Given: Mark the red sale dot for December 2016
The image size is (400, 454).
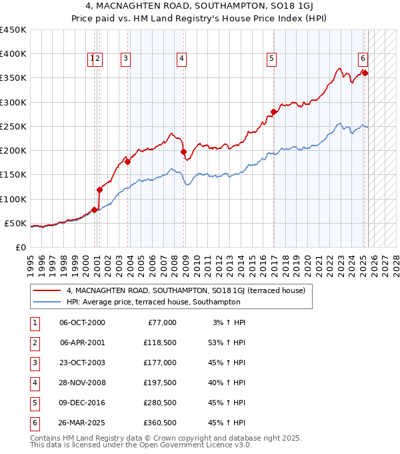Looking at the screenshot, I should point(273,111).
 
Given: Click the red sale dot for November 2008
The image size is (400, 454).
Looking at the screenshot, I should point(183,152).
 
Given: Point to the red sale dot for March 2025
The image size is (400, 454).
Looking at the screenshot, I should point(365,73).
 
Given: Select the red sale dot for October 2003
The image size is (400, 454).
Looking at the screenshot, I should point(127,162).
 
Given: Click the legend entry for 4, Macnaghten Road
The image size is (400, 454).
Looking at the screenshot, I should point(185,290).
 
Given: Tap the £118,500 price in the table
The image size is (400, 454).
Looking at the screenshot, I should point(160,343).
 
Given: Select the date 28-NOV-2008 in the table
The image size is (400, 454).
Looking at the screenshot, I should point(82,383).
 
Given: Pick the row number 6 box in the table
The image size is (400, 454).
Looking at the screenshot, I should point(34,423).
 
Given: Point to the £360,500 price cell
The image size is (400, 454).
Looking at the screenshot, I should point(160,423).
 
